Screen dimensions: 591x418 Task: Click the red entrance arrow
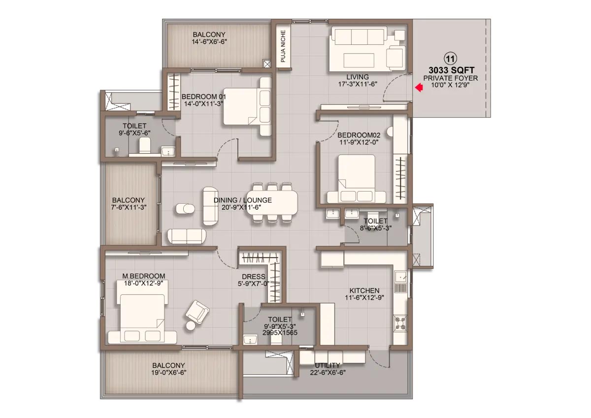point(419,88)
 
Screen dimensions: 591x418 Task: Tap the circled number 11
point(450,59)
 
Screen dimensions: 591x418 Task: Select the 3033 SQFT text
point(452,70)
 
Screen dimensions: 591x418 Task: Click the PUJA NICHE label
point(283,46)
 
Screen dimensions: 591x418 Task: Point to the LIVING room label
point(358,77)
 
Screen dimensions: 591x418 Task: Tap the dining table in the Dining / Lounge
point(273,203)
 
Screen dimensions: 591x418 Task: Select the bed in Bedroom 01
point(247,106)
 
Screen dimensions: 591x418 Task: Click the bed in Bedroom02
point(357,179)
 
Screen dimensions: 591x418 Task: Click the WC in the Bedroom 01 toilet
point(144,146)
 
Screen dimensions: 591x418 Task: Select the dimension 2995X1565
point(280,333)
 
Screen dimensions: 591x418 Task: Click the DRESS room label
point(254,277)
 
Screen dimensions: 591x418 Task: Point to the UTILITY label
point(328,365)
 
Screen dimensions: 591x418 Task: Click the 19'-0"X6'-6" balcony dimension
point(169,372)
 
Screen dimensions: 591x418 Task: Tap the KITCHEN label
point(364,290)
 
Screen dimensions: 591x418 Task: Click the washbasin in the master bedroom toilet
point(250,339)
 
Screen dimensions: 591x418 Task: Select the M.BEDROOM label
point(143,276)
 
